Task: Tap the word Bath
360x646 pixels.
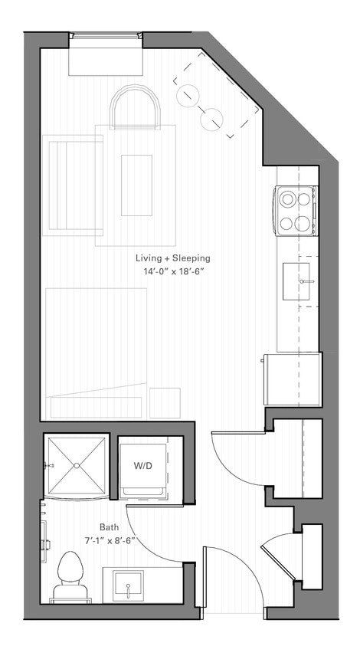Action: pyautogui.click(x=108, y=527)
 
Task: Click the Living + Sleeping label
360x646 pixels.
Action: pyautogui.click(x=172, y=258)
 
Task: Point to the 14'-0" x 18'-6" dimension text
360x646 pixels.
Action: pyautogui.click(x=172, y=272)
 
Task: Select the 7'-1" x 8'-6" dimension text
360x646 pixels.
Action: pyautogui.click(x=108, y=541)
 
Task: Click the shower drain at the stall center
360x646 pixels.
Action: pyautogui.click(x=76, y=465)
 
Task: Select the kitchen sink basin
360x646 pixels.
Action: pyautogui.click(x=297, y=280)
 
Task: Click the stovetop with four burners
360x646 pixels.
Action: pyautogui.click(x=297, y=211)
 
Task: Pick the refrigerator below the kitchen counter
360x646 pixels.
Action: pyautogui.click(x=292, y=379)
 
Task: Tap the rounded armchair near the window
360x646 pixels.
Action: pyautogui.click(x=136, y=107)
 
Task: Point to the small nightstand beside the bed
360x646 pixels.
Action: pyautogui.click(x=165, y=403)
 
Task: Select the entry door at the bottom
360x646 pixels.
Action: pyautogui.click(x=205, y=579)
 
